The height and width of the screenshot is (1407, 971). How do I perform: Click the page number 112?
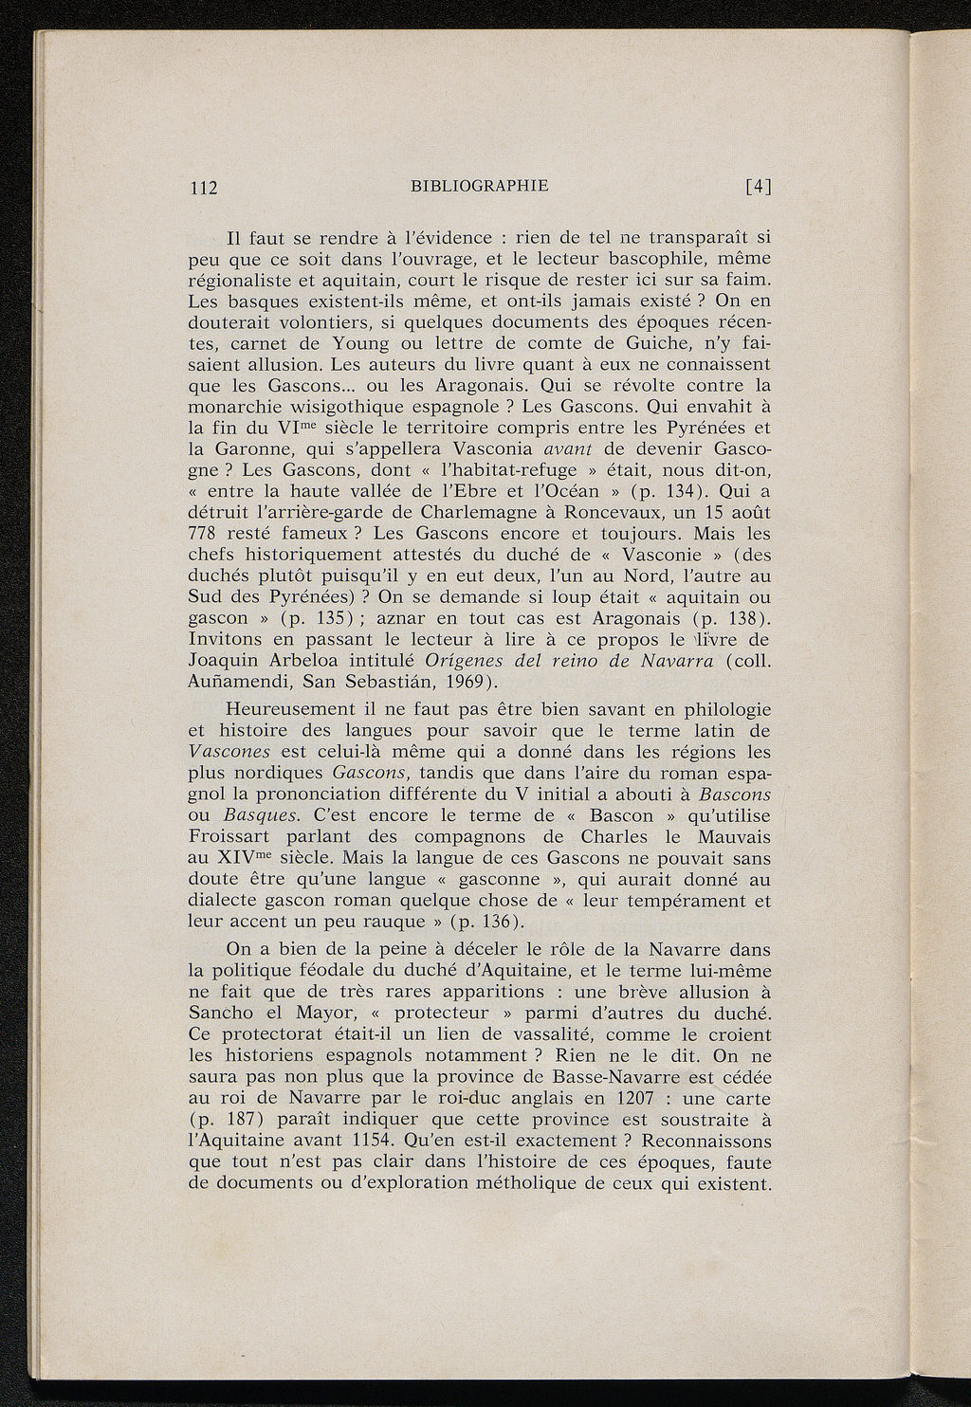point(205,188)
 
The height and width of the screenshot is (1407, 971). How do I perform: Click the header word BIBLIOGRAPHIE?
point(480,186)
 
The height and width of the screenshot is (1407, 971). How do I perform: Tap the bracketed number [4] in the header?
point(758,187)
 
